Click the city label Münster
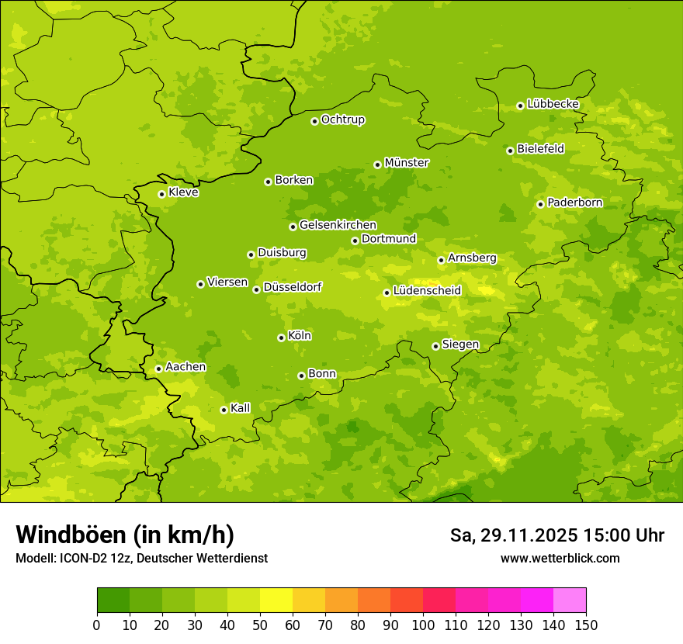coord(407,163)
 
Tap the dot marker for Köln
coord(281,338)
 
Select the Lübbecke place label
coord(553,104)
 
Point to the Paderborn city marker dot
coord(540,204)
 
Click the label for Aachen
coord(185,367)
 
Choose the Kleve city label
coord(183,192)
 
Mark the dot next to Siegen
coord(435,346)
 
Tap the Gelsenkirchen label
coord(338,225)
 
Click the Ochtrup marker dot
coord(314,121)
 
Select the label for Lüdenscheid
coord(427,291)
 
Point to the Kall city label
coord(240,408)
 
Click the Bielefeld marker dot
coord(510,151)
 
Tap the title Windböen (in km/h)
coord(125,535)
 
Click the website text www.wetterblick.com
coord(560,558)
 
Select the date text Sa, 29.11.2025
coord(513,535)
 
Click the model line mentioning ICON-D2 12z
coord(141,558)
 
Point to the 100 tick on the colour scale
coord(423,625)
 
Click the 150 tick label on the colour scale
coord(586,625)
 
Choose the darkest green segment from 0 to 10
coord(113,601)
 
